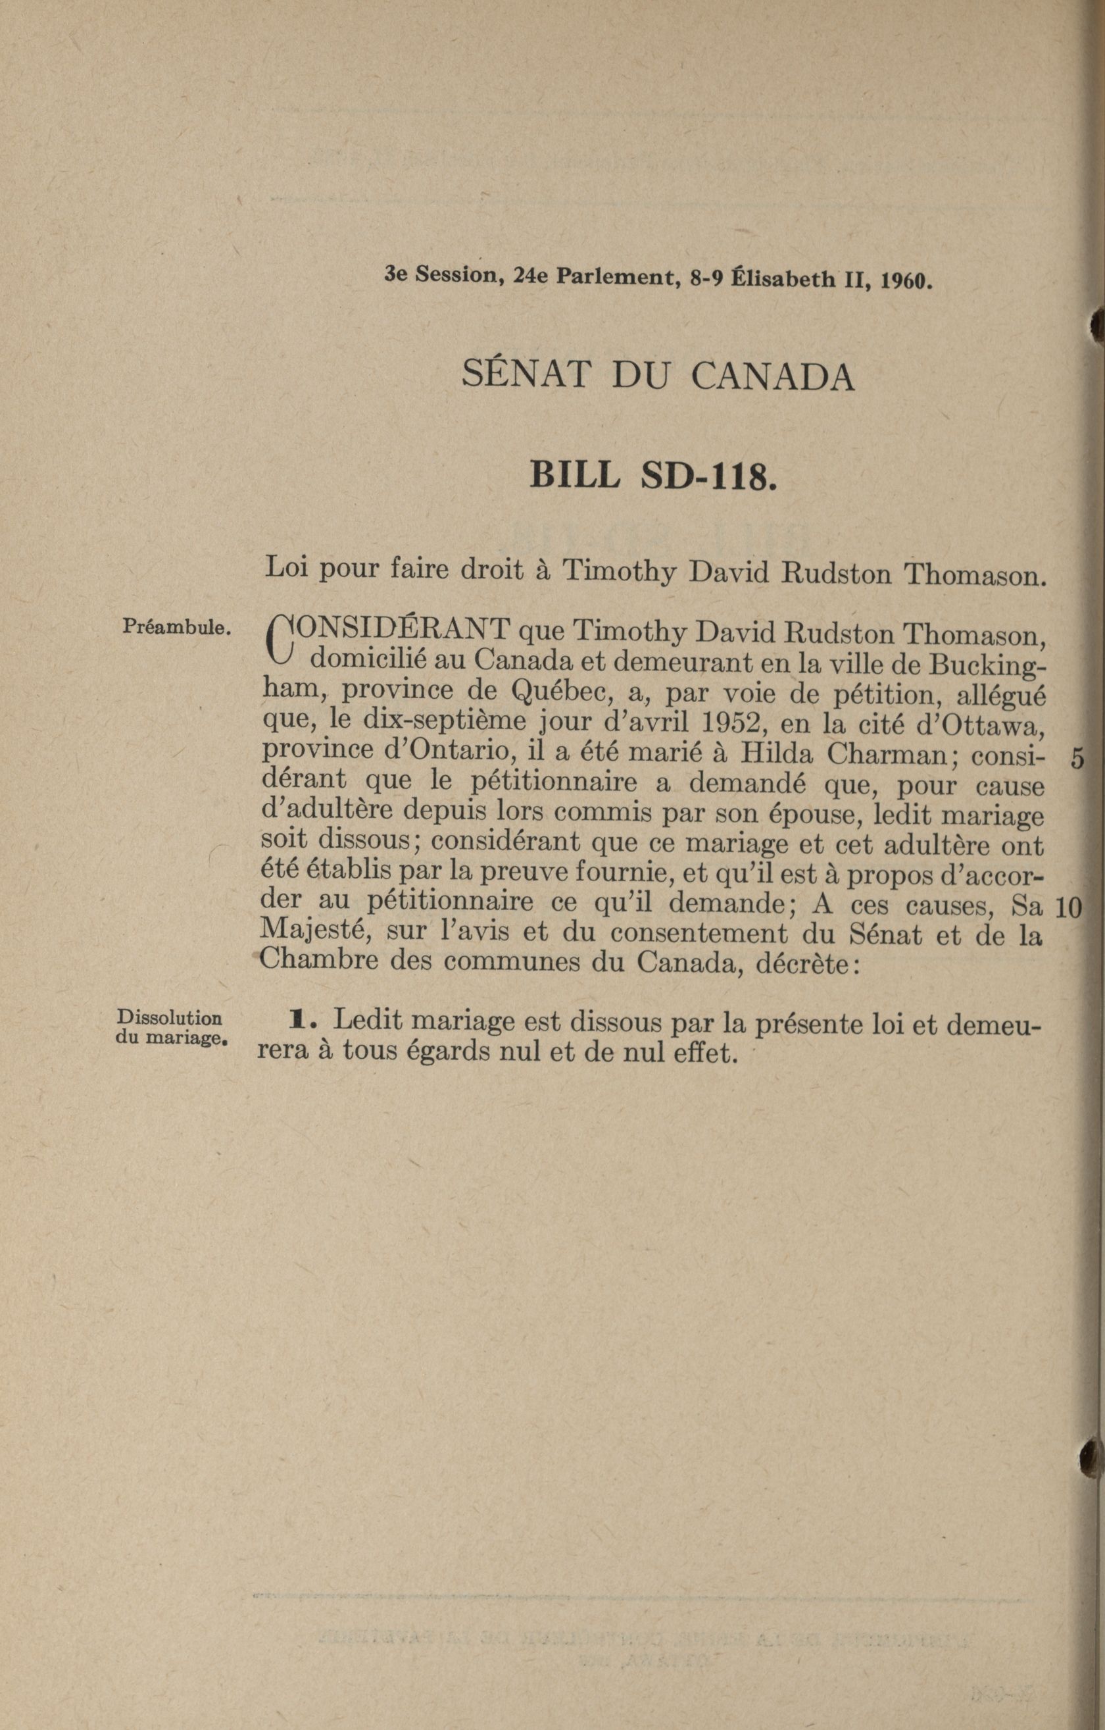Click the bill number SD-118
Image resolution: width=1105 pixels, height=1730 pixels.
click(x=708, y=476)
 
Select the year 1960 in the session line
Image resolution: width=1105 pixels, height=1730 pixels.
click(x=906, y=280)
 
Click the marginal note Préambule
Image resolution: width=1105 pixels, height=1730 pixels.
click(x=176, y=626)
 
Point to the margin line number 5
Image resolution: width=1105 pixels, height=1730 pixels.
click(x=1076, y=759)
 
